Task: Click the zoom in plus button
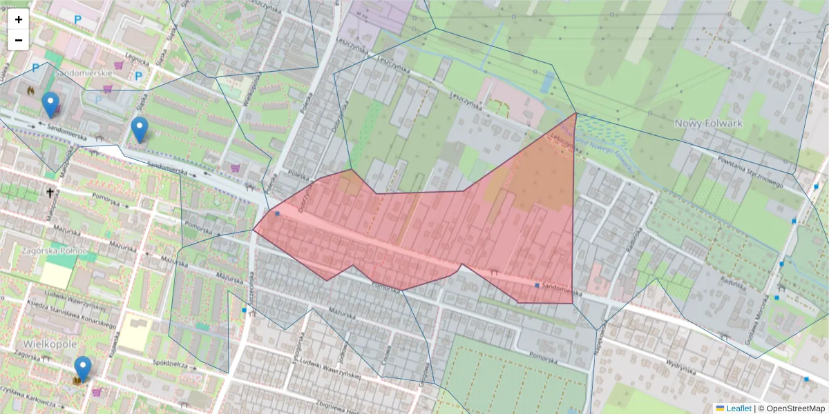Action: click(19, 19)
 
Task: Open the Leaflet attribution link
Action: click(738, 408)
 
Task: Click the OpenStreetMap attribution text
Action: click(794, 408)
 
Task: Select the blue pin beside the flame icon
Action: click(50, 104)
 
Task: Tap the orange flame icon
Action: click(30, 90)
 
